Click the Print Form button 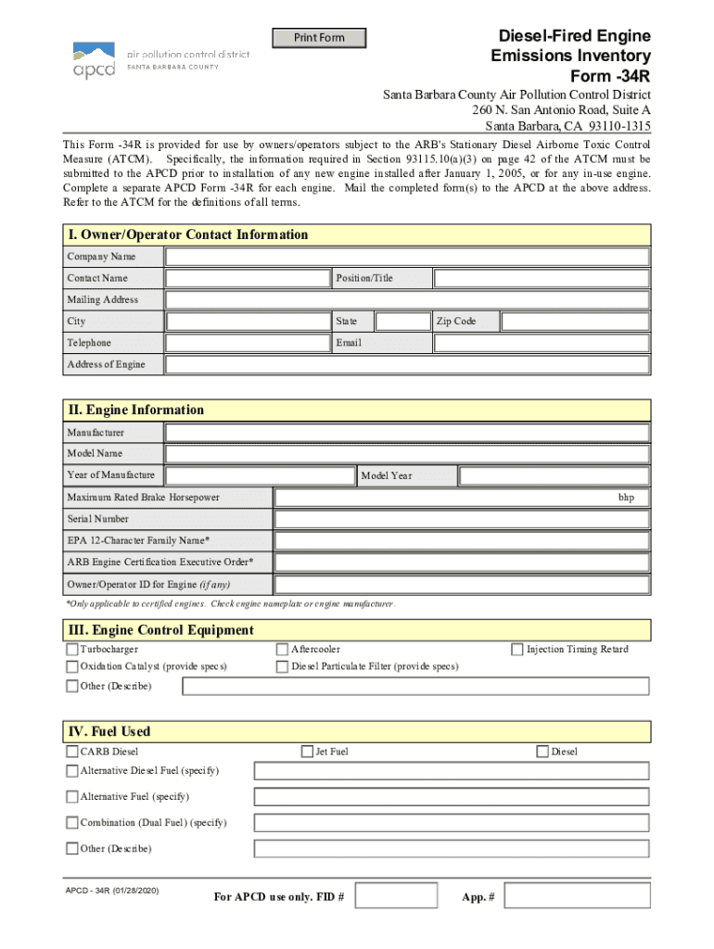(x=319, y=38)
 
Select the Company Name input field (x=407, y=256)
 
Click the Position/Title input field (x=542, y=278)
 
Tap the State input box (x=402, y=322)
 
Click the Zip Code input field (x=575, y=322)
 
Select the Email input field (x=542, y=343)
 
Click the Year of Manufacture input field (x=260, y=475)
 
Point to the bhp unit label (x=627, y=498)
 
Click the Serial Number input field (x=462, y=519)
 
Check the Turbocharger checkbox (x=72, y=650)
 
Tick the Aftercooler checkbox (x=283, y=650)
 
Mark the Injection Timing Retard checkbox (x=518, y=650)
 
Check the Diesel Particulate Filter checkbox (x=283, y=666)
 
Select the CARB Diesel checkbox (x=72, y=752)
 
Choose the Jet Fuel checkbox (x=307, y=752)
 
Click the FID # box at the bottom (x=396, y=896)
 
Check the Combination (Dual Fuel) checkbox (x=72, y=823)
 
